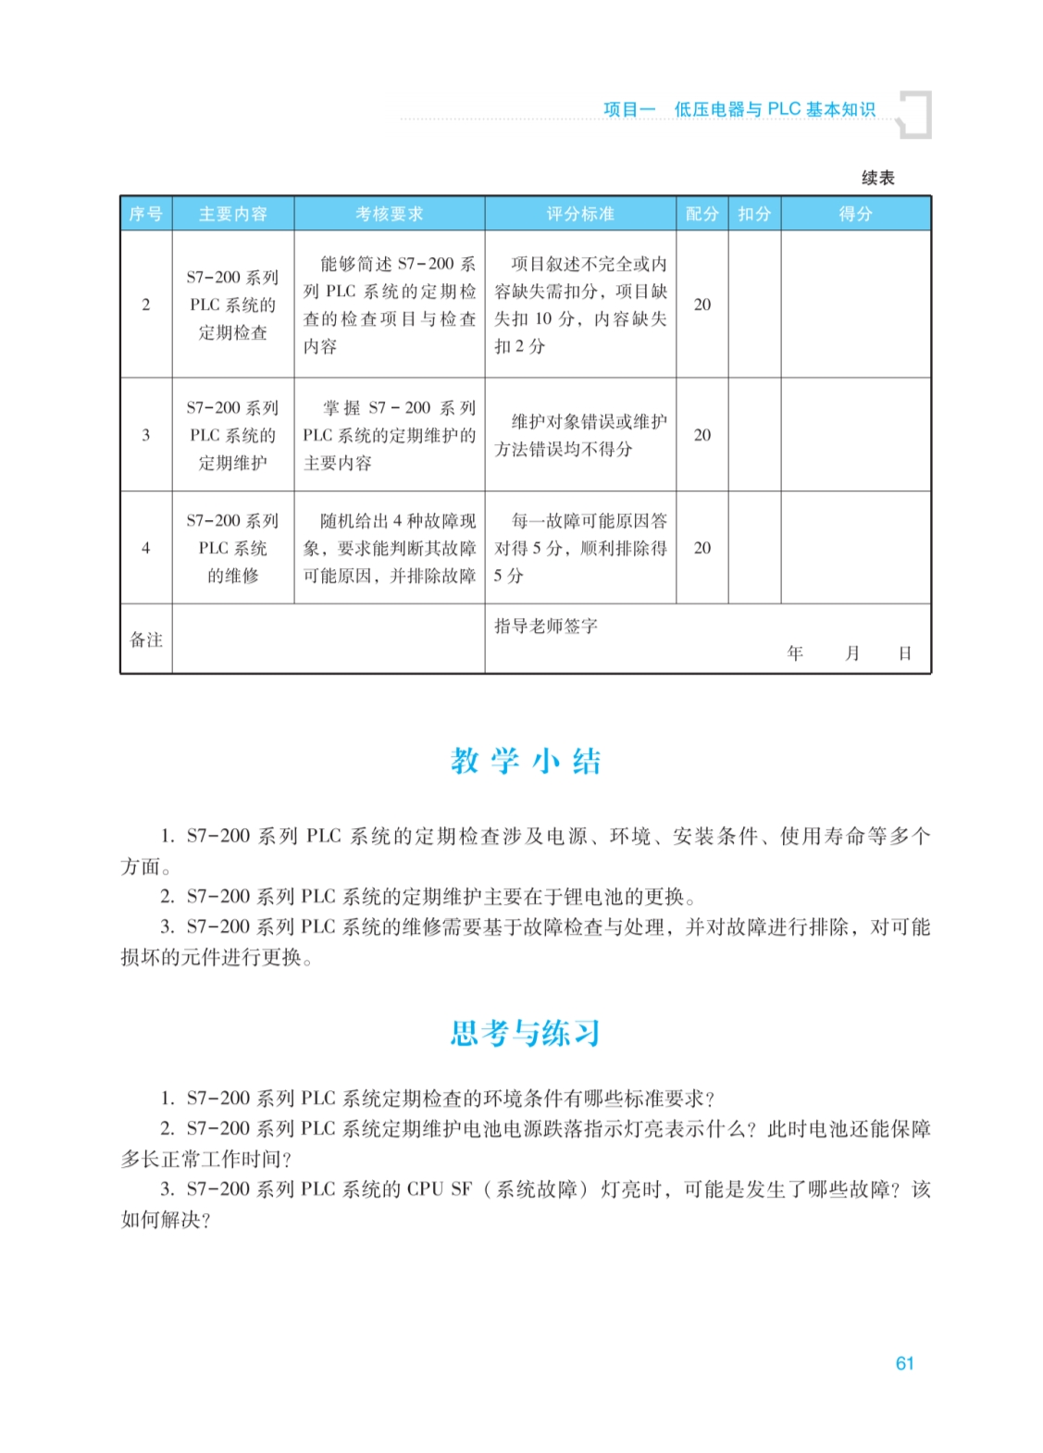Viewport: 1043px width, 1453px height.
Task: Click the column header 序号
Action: click(x=145, y=214)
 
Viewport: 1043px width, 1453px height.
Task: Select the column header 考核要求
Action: click(x=389, y=214)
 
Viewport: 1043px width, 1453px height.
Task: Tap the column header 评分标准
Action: click(x=579, y=214)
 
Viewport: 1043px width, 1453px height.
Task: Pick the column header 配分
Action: click(x=702, y=214)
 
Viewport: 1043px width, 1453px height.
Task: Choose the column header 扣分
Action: click(x=754, y=214)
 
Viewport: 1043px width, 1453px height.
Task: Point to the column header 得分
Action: click(x=855, y=214)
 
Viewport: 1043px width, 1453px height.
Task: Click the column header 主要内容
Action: click(x=232, y=214)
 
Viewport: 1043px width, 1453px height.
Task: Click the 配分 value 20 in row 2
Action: click(x=702, y=304)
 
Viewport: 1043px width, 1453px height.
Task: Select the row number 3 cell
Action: click(x=145, y=435)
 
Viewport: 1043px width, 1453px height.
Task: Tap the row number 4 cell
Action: click(x=145, y=548)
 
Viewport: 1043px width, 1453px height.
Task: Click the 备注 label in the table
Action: click(x=145, y=640)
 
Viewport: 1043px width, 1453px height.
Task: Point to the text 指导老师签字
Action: click(x=546, y=627)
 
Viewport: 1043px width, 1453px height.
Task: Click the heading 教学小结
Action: click(x=526, y=761)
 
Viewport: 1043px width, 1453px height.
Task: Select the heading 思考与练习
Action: click(x=526, y=1033)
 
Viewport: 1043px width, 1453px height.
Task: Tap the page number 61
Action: click(x=904, y=1363)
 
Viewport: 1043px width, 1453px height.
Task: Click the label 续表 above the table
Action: click(x=877, y=178)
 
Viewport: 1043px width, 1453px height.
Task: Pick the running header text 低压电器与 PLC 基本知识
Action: click(x=774, y=109)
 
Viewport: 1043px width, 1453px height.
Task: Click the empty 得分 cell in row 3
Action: click(x=855, y=435)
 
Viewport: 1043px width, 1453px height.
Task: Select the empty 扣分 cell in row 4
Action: click(x=754, y=548)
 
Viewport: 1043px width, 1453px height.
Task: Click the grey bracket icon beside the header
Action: click(x=915, y=115)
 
